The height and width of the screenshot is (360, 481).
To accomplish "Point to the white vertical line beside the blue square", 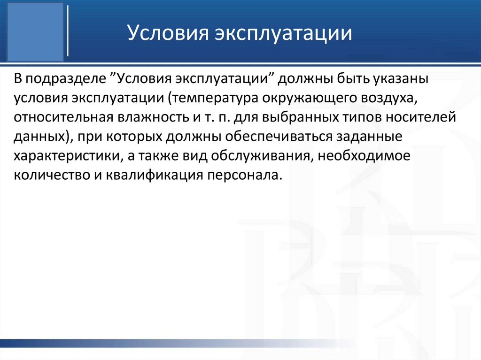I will pyautogui.click(x=69, y=31).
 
